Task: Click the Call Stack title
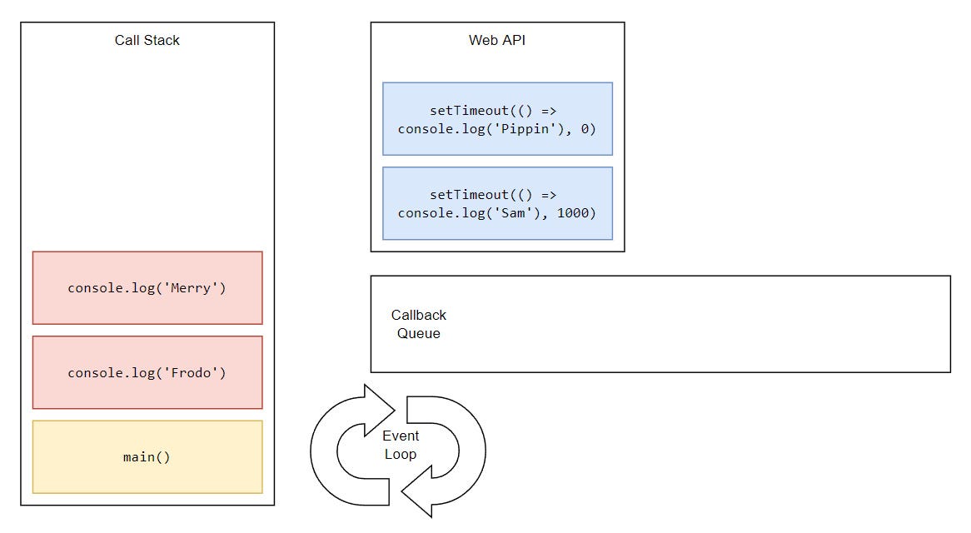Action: pos(147,40)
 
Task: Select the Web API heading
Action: pos(496,40)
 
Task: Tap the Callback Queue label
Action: pos(419,324)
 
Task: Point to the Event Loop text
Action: pos(400,445)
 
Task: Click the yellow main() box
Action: pos(147,457)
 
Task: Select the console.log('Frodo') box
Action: pos(147,372)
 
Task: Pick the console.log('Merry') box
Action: pos(147,288)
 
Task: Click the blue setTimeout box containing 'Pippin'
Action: pos(497,119)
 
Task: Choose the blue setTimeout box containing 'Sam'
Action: pos(497,203)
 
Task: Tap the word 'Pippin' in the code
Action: pos(525,129)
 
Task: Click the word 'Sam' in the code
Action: pos(513,213)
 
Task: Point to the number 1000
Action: pos(572,213)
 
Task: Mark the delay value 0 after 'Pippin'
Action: pos(585,129)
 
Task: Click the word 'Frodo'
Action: pos(191,372)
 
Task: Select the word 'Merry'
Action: pos(191,288)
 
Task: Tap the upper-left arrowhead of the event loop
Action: pos(377,409)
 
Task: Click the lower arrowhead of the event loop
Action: pos(418,491)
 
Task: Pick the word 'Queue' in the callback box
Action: pos(419,333)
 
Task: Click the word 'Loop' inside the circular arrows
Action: pos(400,454)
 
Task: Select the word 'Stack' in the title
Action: pos(162,40)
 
